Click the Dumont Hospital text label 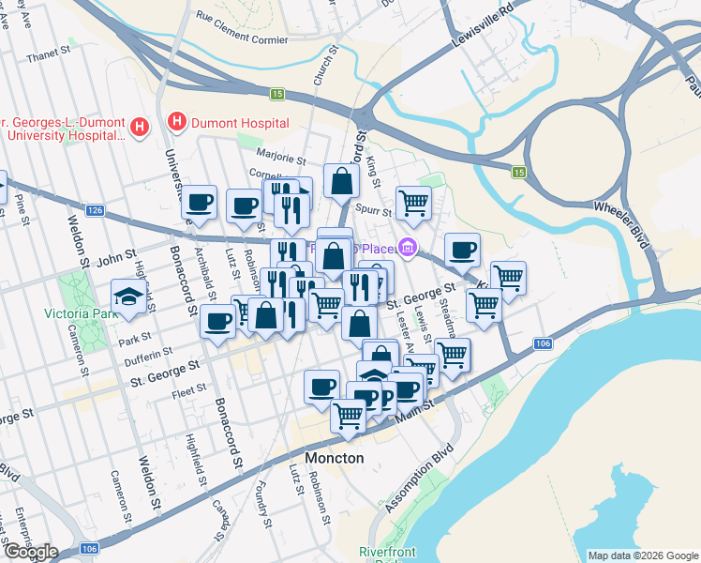(239, 123)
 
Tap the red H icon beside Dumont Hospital (174, 122)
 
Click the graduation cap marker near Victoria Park (129, 296)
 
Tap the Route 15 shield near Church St (277, 94)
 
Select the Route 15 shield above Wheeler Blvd (518, 172)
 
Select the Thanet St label (49, 56)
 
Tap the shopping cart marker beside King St (413, 202)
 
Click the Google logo (31, 552)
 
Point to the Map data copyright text (642, 555)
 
